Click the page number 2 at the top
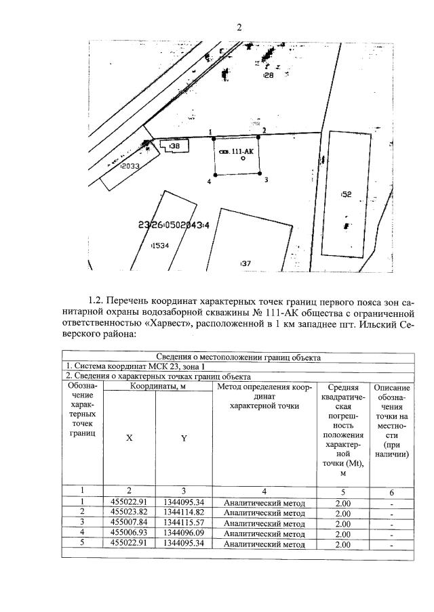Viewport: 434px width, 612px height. [x=239, y=27]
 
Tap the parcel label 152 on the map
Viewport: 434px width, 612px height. [x=346, y=194]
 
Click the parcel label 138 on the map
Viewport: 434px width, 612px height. [x=174, y=146]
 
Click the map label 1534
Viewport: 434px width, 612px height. [x=160, y=246]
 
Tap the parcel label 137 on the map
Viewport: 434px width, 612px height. [x=245, y=263]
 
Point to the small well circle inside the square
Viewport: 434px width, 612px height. [x=243, y=158]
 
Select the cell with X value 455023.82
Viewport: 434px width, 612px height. [x=130, y=513]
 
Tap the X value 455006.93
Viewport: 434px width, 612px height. [x=130, y=533]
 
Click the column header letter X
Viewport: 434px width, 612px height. [x=130, y=438]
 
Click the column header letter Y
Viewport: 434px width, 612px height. [x=183, y=438]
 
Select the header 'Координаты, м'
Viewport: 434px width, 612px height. [x=157, y=387]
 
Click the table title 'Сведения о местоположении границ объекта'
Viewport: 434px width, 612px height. [x=238, y=357]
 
